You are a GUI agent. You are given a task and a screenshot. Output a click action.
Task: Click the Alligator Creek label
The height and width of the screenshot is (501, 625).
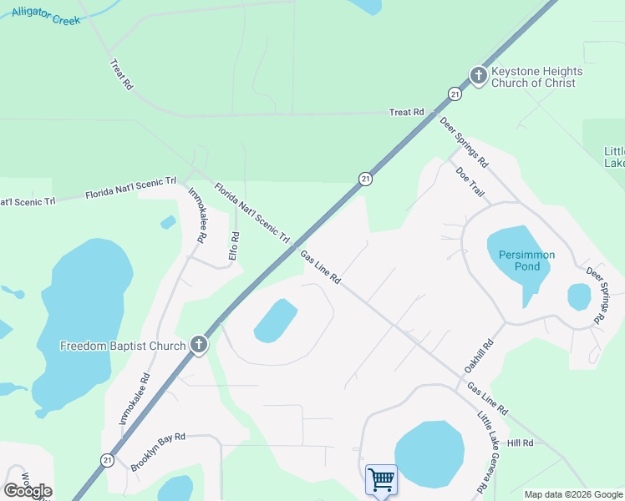click(46, 16)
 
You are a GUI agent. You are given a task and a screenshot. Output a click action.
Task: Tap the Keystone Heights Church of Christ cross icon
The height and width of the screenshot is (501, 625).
click(478, 76)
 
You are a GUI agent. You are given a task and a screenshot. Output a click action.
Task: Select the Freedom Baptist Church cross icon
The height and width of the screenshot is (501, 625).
click(198, 345)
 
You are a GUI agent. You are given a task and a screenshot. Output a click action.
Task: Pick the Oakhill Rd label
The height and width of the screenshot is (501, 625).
click(478, 357)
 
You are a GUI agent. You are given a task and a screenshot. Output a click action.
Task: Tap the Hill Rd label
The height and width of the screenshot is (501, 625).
click(520, 443)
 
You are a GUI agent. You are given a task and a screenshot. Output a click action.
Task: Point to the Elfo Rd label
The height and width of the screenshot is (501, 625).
click(235, 247)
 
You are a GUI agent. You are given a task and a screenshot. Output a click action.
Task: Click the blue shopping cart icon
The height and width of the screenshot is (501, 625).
click(381, 480)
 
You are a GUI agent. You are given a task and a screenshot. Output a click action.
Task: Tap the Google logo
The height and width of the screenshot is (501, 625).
click(28, 491)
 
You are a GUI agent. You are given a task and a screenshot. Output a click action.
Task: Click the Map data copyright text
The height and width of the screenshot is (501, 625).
click(572, 494)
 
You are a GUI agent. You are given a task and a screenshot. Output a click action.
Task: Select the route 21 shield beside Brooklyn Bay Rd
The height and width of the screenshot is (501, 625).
click(107, 460)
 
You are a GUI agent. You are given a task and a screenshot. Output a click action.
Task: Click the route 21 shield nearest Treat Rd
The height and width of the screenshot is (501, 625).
click(453, 94)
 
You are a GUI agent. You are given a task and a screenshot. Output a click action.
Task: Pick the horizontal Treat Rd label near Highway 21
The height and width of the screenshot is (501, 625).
click(407, 112)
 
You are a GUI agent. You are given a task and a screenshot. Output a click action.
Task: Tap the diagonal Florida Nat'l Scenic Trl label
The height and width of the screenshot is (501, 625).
click(252, 213)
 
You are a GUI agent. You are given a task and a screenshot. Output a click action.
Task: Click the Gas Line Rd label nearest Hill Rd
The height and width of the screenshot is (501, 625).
click(488, 400)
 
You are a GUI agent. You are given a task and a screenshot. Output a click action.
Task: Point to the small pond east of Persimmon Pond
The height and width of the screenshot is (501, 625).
click(579, 296)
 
